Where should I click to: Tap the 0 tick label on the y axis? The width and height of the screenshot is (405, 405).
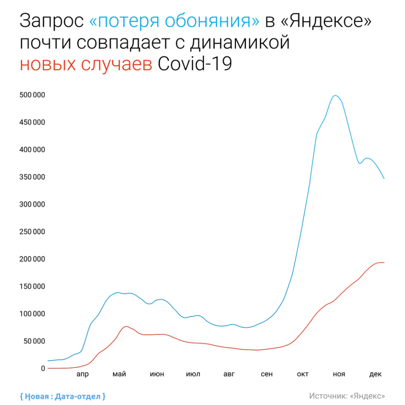point(44,368)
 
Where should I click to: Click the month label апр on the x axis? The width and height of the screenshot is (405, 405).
point(82,374)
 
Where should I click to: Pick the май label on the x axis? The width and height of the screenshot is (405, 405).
point(119,374)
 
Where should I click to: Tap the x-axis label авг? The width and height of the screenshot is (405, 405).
point(229,374)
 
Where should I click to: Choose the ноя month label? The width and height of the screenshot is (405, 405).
point(339,374)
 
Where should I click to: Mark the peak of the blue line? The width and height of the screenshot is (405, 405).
point(335,95)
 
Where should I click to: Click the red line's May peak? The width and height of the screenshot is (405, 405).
point(126,326)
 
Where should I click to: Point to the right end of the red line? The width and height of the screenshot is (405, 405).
point(384,263)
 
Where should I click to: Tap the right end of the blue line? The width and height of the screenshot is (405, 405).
point(384,178)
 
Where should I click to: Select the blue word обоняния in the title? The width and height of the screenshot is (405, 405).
point(214,22)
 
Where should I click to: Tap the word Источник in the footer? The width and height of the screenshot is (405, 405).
point(328,396)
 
